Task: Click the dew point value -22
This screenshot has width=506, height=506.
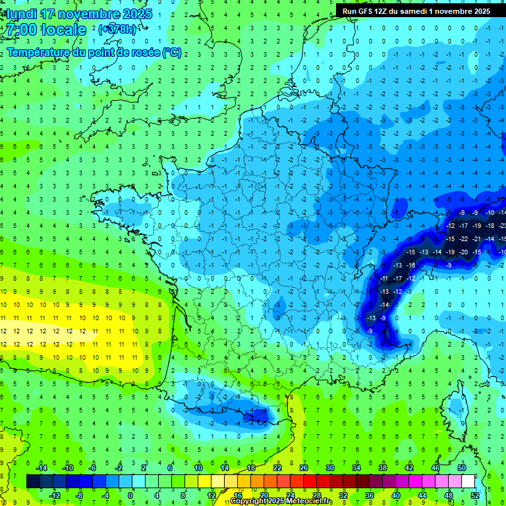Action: point(464,239)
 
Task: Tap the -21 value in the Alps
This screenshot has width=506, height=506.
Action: point(478,239)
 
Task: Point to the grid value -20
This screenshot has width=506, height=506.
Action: point(464,252)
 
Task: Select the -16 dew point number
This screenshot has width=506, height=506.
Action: point(410,265)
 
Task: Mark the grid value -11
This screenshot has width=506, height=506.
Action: point(385,278)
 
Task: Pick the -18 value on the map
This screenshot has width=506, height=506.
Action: point(491,225)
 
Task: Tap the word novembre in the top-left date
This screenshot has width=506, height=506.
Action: point(89,14)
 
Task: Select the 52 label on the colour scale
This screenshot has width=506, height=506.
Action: point(475,495)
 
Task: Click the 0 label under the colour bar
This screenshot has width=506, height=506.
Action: point(130,495)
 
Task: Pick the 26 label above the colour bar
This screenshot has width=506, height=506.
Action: point(304,468)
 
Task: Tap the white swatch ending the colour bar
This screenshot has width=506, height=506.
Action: point(468,482)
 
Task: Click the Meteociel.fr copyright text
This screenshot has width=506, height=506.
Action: point(281,501)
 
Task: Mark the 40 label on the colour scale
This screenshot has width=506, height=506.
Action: point(396,495)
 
